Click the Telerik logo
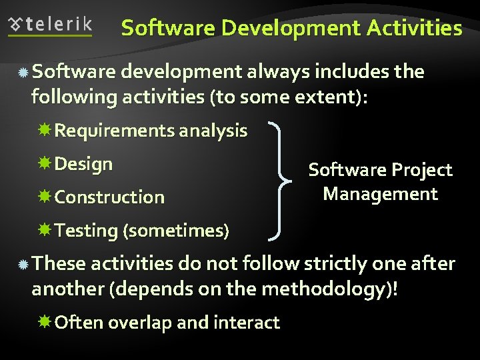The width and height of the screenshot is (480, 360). click(x=50, y=25)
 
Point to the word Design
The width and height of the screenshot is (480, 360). click(x=83, y=164)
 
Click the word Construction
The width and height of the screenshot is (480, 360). click(x=109, y=197)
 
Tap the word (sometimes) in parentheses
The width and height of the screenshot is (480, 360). click(x=176, y=231)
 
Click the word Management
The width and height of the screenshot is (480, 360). click(x=380, y=194)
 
